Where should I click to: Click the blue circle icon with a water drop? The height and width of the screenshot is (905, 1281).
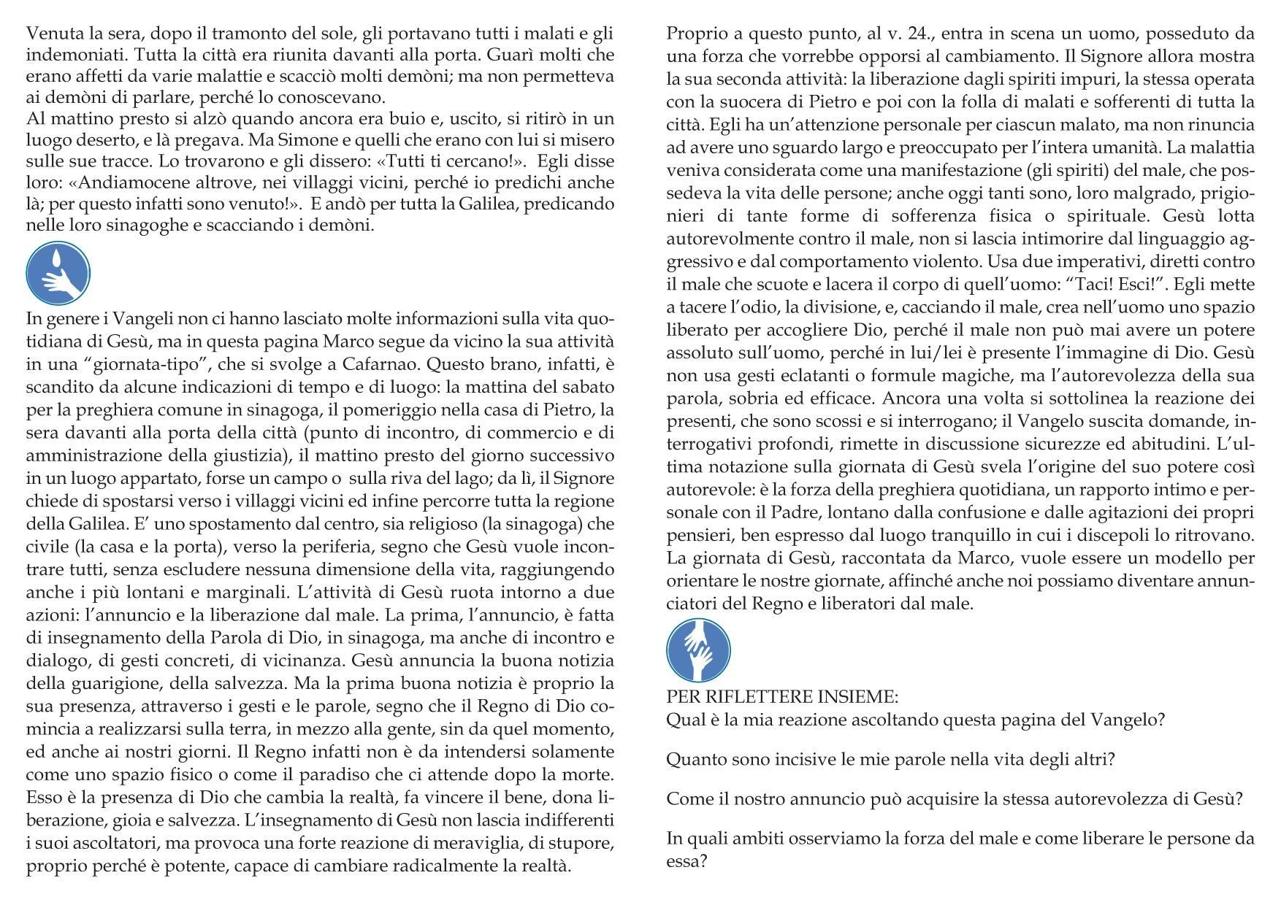click(58, 274)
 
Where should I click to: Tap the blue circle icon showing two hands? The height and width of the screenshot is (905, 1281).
click(698, 650)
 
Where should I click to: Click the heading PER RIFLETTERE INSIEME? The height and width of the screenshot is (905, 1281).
click(782, 697)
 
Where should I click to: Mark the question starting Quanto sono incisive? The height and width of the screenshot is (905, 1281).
click(890, 760)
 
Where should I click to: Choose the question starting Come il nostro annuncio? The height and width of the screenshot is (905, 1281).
click(955, 798)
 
